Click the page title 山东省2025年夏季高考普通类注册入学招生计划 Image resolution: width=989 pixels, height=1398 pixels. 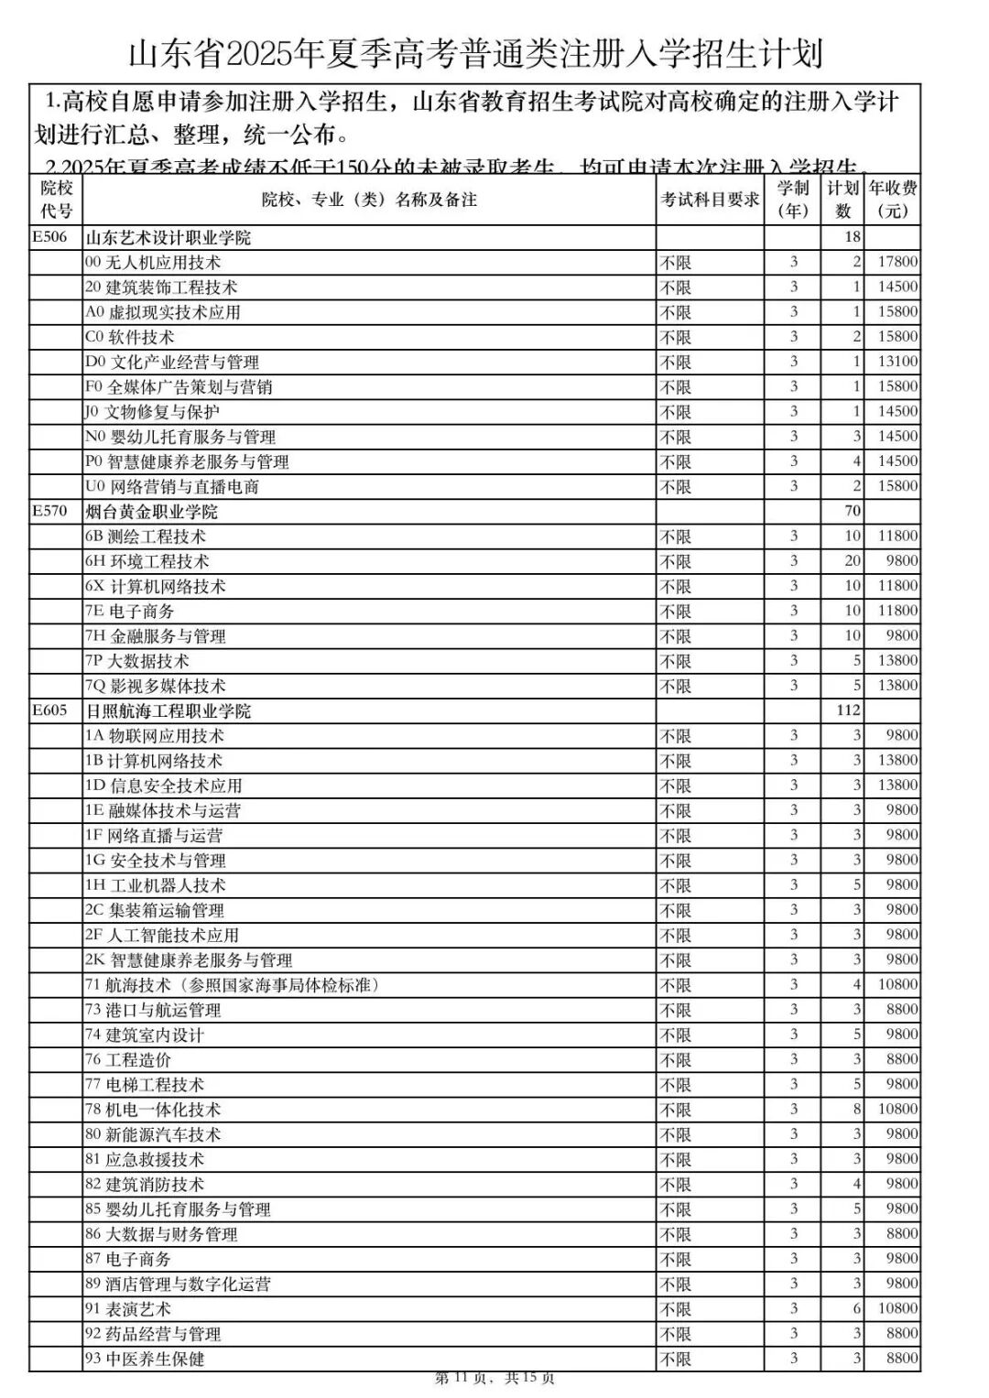point(475,53)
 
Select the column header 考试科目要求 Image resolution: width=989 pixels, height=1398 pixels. point(710,200)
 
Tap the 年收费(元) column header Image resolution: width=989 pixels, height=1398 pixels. point(892,200)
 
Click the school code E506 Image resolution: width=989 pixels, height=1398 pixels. point(49,237)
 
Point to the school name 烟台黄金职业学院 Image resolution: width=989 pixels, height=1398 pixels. point(152,511)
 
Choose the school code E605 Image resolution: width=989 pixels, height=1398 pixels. point(49,710)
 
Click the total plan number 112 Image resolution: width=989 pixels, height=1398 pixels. point(848,710)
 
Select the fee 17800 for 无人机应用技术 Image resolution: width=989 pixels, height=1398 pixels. point(897,262)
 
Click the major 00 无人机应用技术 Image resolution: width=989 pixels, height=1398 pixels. point(153,263)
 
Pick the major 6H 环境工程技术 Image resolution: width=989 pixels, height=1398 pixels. point(147,561)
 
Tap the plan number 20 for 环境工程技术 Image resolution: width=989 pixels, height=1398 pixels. point(852,560)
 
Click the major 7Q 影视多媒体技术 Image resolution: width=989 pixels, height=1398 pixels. point(155,686)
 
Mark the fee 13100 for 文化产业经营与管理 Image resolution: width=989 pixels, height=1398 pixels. point(897,362)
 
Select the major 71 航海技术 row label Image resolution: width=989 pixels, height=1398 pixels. point(232,985)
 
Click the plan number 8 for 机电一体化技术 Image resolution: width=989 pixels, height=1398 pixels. point(856,1109)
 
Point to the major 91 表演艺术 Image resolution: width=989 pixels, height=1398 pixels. point(128,1309)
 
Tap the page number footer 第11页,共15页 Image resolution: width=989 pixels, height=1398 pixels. point(494,1378)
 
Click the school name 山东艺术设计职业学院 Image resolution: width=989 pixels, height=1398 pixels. point(168,238)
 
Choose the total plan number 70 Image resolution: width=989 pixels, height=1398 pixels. point(852,511)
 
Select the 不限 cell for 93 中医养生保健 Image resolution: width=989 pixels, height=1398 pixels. point(676,1360)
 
